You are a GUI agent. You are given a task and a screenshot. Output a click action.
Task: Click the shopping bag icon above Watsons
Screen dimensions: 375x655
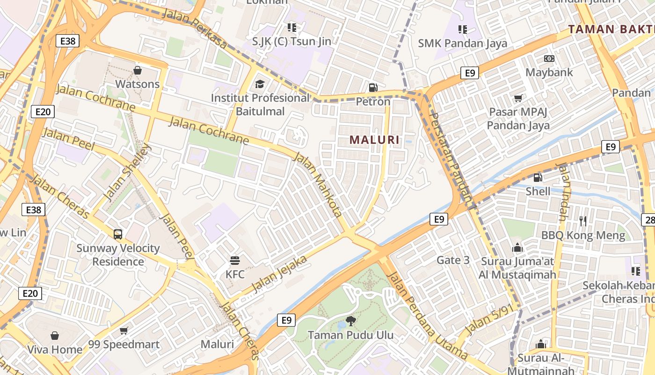coord(138,70)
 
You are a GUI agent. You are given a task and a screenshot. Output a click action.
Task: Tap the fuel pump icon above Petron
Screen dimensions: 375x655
coord(373,87)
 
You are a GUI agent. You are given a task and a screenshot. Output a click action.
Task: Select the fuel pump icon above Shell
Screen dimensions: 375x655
coord(538,178)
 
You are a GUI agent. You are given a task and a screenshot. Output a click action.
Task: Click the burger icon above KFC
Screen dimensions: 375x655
coord(235,260)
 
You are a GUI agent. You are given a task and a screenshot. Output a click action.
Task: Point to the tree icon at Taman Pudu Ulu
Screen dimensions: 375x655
coord(350,321)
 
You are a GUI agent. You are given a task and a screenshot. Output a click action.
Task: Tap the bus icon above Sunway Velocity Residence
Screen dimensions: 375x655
coord(118,234)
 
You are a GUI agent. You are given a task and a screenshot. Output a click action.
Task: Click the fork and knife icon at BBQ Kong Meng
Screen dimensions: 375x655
coord(583,221)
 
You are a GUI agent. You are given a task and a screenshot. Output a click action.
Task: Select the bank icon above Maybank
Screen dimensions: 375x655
coord(549,59)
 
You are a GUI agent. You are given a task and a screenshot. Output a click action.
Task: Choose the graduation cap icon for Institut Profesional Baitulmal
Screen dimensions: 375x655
coord(260,84)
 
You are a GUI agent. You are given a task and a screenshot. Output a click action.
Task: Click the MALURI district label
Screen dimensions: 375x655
coord(374,140)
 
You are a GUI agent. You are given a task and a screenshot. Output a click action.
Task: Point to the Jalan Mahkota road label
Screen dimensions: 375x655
coord(318,185)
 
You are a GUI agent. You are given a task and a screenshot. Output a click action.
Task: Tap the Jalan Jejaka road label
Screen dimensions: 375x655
coord(279,274)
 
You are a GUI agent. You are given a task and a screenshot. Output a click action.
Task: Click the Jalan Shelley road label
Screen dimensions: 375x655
coord(127,172)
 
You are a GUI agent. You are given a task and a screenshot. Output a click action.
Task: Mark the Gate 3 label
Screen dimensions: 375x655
coord(453,260)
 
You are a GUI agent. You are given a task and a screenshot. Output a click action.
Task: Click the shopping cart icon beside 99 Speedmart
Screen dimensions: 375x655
coord(124,331)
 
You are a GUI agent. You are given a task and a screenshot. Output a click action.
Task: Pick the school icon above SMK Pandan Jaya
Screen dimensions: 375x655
coord(463,30)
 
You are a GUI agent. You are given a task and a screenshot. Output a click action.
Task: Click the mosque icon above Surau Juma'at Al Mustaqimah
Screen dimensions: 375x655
coord(517,247)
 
